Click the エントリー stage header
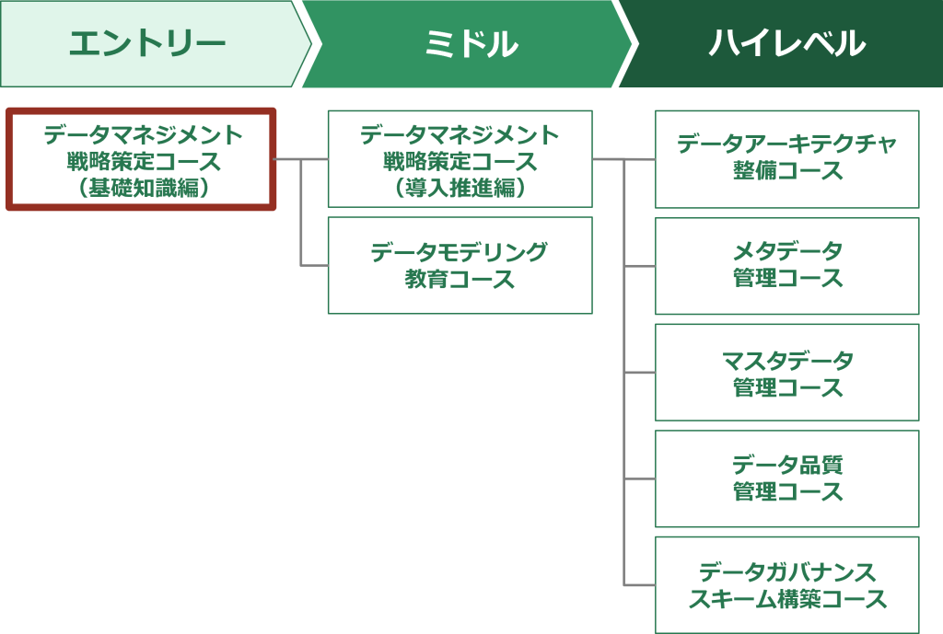tap(154, 44)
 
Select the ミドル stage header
tap(469, 44)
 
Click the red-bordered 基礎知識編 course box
tap(141, 159)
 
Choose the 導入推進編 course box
tap(460, 159)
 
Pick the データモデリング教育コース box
tap(460, 265)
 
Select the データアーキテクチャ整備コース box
tap(787, 159)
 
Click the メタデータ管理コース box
tap(787, 266)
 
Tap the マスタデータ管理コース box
tap(787, 372)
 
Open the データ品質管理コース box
tap(787, 478)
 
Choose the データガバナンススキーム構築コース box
tap(787, 584)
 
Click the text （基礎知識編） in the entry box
tap(143, 188)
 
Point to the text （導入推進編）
tap(460, 188)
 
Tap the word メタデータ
tap(787, 250)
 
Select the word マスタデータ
tap(787, 361)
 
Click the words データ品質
tap(787, 465)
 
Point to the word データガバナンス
tap(787, 572)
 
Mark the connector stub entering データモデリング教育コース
tap(315, 265)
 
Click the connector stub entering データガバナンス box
tap(639, 584)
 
